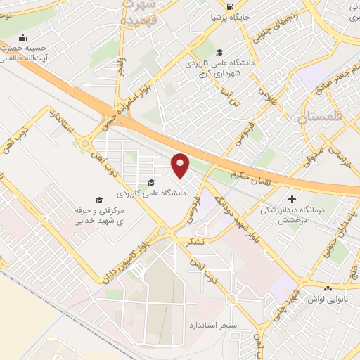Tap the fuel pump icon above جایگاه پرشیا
231,6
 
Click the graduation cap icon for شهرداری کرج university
219,52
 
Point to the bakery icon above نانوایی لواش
328,288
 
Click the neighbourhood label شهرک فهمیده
141,13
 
